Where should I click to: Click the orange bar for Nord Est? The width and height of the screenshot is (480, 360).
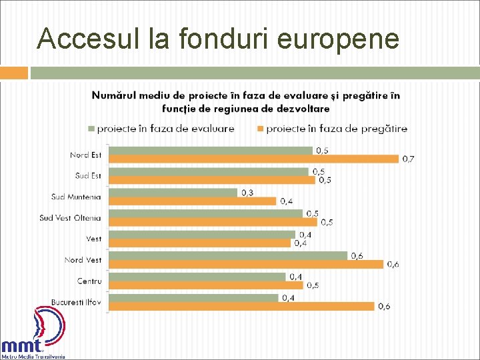(253, 159)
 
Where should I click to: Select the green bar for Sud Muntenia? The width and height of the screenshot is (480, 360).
(173, 193)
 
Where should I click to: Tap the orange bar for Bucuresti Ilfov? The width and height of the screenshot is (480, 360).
(241, 307)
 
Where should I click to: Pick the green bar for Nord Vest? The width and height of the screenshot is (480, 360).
(228, 255)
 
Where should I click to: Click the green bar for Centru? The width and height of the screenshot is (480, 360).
(197, 277)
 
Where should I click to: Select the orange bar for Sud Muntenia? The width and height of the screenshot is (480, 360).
(192, 201)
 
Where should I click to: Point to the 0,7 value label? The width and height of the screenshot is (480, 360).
(407, 159)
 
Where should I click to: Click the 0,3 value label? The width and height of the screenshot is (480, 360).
(247, 193)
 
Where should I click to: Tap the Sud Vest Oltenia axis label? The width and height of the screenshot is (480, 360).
(70, 217)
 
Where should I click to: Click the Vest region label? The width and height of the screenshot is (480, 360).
(93, 239)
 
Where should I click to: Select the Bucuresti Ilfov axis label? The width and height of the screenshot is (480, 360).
(77, 302)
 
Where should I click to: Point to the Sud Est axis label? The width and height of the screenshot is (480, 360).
(88, 175)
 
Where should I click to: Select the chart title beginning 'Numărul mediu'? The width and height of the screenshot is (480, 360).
(246, 101)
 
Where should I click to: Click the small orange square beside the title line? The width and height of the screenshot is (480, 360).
(14, 73)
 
